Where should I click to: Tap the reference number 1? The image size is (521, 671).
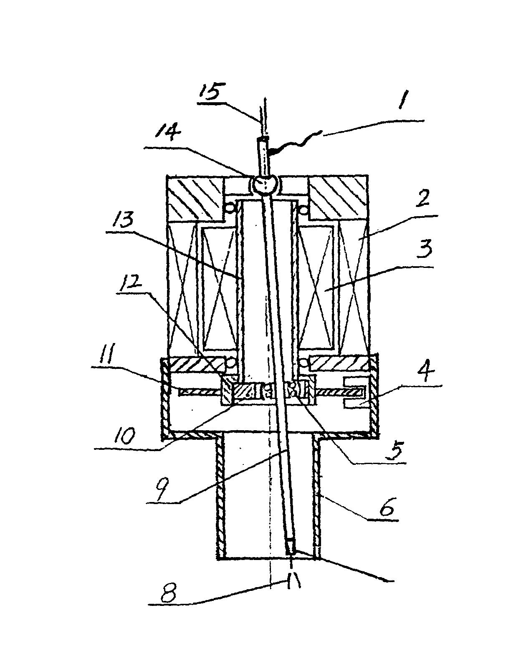tap(402, 100)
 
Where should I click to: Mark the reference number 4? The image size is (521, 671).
tap(425, 373)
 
